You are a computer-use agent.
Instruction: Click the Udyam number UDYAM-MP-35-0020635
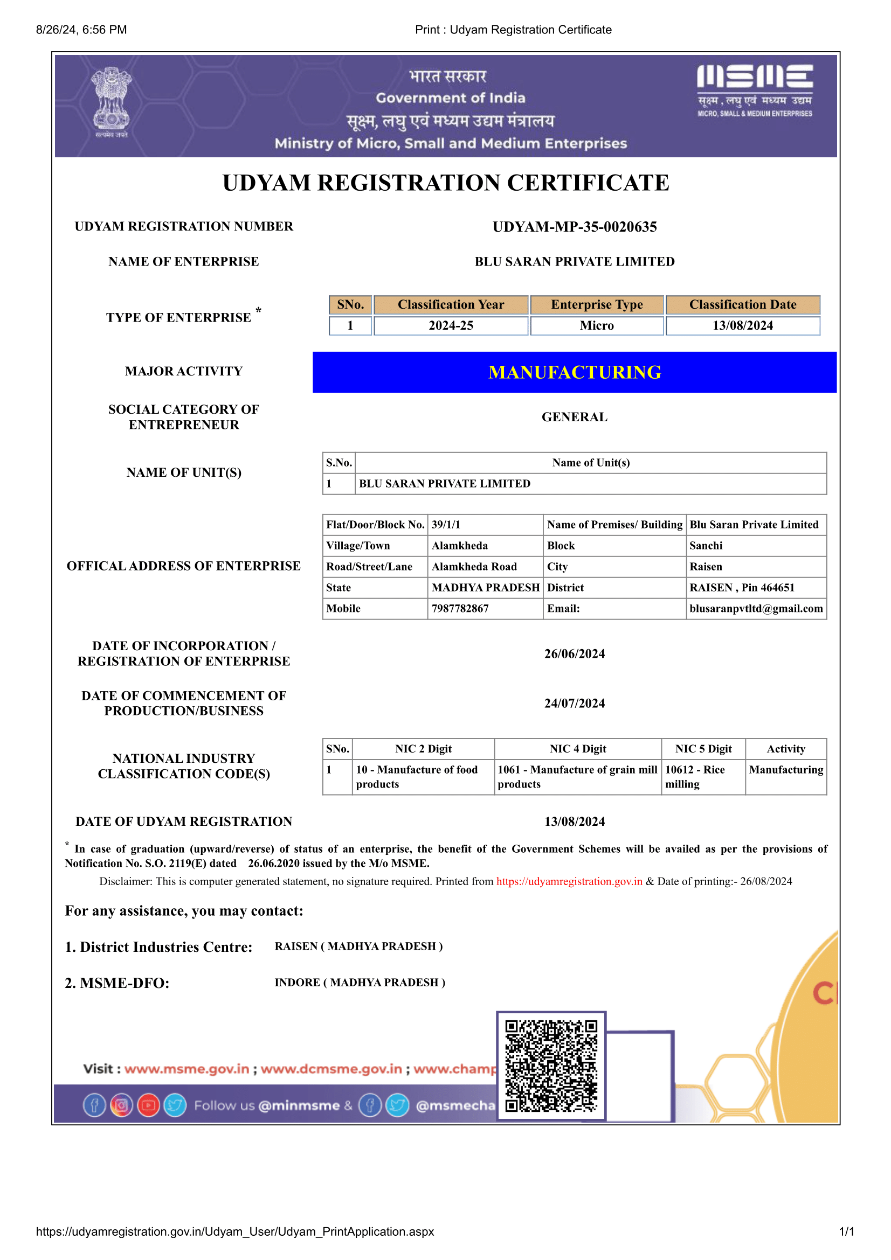pos(574,227)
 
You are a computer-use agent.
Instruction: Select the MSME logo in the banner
pos(754,91)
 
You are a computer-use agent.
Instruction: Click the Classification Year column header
pos(451,304)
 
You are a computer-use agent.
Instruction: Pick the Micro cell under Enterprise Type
pos(597,325)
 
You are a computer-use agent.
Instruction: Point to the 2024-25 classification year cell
pos(451,325)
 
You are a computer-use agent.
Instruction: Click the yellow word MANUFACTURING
pos(574,372)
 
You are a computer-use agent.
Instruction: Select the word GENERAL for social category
pos(574,417)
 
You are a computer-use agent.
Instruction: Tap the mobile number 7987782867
pos(460,608)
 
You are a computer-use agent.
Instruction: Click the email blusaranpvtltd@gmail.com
pos(756,608)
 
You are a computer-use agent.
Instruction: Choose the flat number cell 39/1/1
pos(446,525)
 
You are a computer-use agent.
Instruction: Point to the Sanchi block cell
pos(706,546)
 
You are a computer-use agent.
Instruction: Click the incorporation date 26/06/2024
pos(574,653)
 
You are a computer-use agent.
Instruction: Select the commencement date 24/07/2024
pos(574,703)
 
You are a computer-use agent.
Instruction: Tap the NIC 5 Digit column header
pos(703,749)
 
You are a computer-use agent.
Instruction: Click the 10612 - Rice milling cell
pos(695,777)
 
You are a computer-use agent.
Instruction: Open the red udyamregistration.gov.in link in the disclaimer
pos(569,881)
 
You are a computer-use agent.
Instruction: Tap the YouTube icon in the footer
pos(148,1105)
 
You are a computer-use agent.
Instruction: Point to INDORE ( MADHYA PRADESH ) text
pos(360,983)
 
